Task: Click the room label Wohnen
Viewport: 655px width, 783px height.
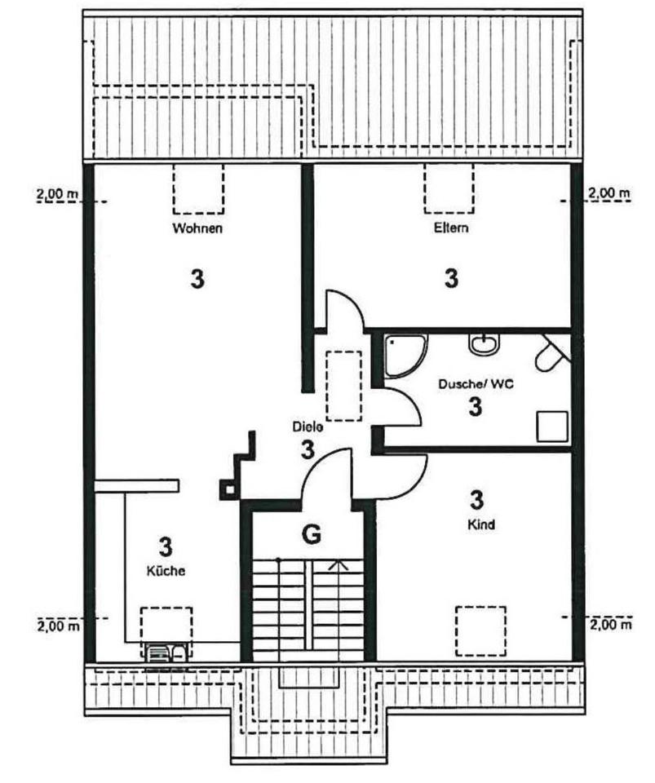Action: click(197, 228)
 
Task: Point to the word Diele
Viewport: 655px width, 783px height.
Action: click(308, 427)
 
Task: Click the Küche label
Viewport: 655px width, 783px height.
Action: click(166, 571)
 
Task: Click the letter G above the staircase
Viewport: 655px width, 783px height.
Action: click(311, 535)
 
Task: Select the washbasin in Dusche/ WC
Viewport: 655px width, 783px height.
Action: click(483, 344)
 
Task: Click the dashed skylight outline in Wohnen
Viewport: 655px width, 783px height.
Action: click(198, 188)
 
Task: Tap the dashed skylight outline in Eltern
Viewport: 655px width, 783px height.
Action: click(449, 188)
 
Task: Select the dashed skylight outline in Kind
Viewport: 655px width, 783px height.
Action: click(480, 630)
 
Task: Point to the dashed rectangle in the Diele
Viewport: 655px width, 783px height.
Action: click(343, 385)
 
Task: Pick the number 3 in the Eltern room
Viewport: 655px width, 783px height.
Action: click(451, 279)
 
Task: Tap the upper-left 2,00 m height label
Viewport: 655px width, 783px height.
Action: click(58, 194)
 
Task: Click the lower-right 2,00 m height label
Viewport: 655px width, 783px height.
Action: click(610, 625)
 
